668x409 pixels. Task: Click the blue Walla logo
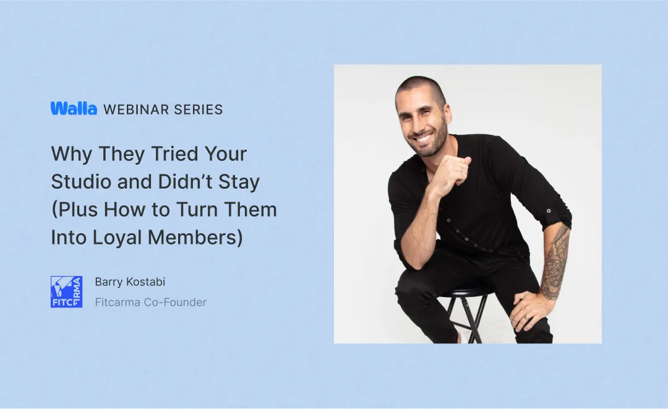(74, 109)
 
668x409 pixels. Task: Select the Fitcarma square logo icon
(66, 292)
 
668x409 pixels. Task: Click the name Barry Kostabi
(130, 282)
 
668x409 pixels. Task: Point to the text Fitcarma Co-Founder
(150, 303)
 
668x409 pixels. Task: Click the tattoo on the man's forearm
(555, 263)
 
